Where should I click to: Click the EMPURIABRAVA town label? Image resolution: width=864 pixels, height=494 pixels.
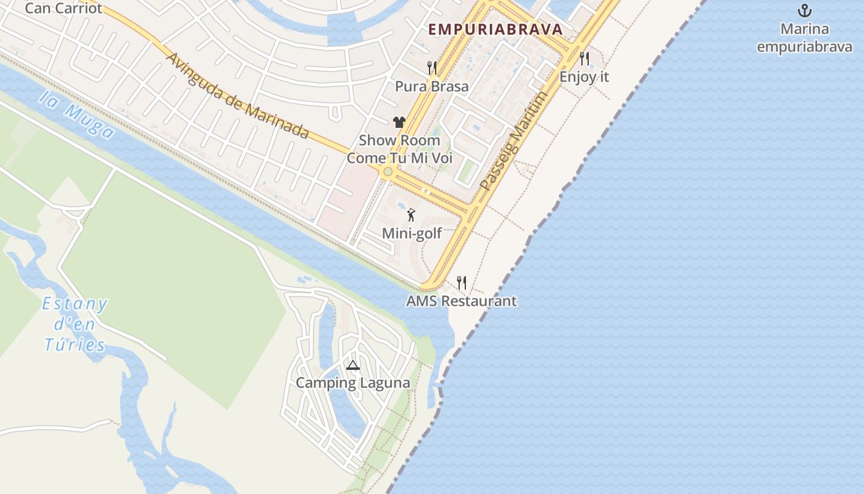495,29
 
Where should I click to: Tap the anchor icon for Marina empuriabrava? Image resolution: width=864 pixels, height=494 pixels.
804,10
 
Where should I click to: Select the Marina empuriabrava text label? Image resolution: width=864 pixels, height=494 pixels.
804,38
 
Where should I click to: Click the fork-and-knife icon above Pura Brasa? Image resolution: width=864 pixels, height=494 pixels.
432,68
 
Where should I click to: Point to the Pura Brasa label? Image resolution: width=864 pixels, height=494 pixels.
432,86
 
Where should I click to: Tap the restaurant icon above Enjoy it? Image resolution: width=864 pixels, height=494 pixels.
584,59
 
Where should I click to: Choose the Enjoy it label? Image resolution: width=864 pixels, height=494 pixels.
584,77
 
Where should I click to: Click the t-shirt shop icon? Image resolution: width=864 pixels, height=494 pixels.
399,122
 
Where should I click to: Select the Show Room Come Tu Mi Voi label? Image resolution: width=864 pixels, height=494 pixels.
399,149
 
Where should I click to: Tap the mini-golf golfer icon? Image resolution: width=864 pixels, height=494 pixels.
411,215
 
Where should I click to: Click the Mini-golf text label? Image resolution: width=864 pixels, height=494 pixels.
412,233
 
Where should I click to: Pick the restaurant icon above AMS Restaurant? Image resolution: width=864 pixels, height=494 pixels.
462,283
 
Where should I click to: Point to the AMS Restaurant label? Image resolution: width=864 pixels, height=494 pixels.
462,301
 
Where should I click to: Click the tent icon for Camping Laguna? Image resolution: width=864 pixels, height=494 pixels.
352,365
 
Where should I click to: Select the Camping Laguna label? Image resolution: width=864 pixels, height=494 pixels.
352,383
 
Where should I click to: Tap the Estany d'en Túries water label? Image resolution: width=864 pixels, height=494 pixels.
75,324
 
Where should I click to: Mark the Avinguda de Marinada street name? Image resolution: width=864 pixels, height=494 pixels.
238,96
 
